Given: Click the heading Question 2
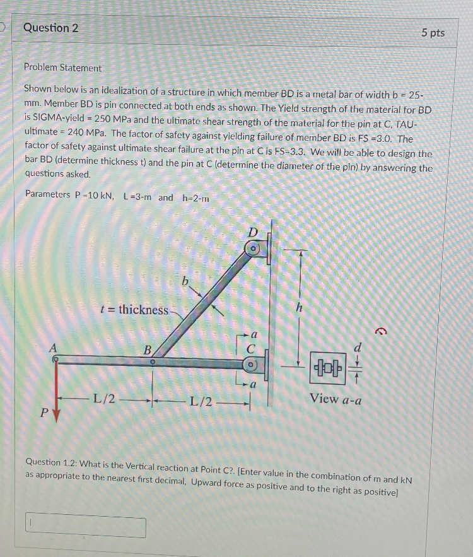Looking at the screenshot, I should click(x=51, y=28).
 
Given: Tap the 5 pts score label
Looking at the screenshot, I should click(x=433, y=33).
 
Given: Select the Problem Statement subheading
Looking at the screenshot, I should click(x=62, y=67).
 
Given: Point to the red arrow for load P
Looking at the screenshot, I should click(x=56, y=391).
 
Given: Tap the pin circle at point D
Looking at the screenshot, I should click(x=253, y=249).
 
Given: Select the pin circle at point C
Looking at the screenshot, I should click(x=251, y=364).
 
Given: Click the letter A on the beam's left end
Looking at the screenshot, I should click(x=54, y=347).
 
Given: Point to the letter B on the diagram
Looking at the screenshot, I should click(x=148, y=349).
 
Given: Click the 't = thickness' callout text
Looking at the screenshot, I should click(x=135, y=309).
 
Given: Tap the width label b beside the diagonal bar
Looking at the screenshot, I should click(x=185, y=281).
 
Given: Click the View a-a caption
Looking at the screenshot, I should click(x=335, y=399).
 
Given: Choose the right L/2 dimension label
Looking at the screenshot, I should click(x=201, y=399).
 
